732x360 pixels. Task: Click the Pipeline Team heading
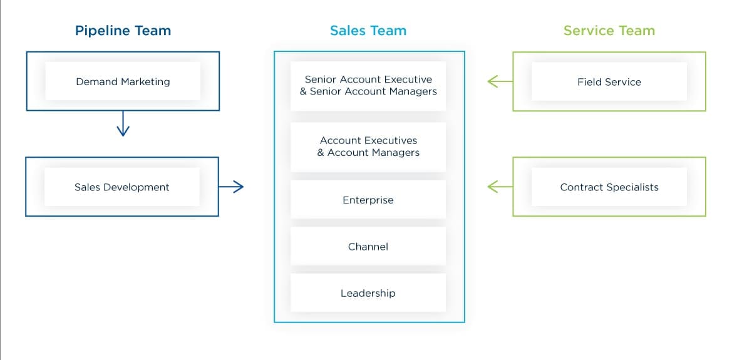[x=123, y=31]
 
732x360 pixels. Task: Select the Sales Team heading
[x=368, y=31]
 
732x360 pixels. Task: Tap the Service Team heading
[x=609, y=31]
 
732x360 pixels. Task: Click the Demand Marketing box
[x=123, y=81]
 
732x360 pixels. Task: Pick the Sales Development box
[x=122, y=187]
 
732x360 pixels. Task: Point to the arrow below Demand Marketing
[x=123, y=124]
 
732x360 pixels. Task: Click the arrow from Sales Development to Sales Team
[x=231, y=187]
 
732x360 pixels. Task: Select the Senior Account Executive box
[x=368, y=86]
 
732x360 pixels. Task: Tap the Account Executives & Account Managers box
[x=368, y=147]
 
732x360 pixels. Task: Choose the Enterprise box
[x=368, y=200]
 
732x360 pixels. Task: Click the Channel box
[x=368, y=247]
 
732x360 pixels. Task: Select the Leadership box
[x=368, y=293]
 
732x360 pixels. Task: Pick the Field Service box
[x=609, y=81]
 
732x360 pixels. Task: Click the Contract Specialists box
[x=609, y=187]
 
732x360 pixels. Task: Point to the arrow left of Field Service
[x=500, y=81]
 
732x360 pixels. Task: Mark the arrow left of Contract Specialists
[x=500, y=187]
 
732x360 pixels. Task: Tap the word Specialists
[x=632, y=187]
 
